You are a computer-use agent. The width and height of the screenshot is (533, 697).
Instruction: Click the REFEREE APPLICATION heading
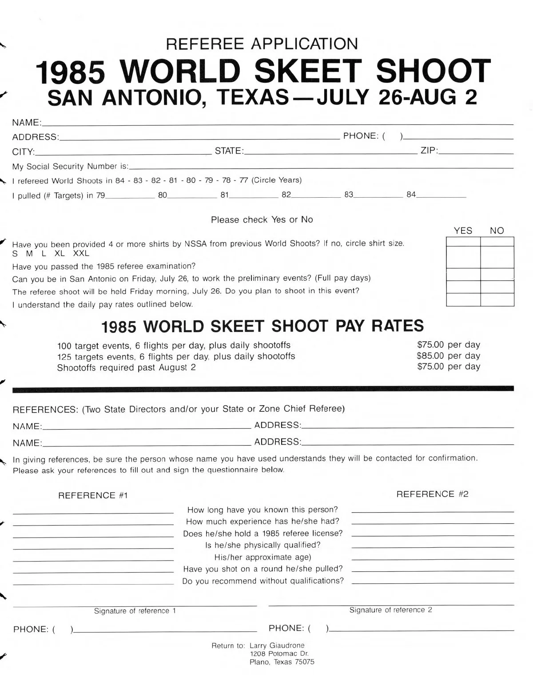point(262,44)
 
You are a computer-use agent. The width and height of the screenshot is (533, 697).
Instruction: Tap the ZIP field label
point(428,151)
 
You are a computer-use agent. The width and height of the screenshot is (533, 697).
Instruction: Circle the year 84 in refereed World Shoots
point(120,180)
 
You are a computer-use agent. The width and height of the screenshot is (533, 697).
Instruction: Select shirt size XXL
point(81,254)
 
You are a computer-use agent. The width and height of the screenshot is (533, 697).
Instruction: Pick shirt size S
point(15,254)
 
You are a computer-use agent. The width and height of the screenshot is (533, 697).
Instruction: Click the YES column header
point(463,231)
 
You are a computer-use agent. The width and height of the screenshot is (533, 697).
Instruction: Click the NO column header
point(497,231)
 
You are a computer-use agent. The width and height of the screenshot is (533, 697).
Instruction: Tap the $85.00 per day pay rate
point(448,355)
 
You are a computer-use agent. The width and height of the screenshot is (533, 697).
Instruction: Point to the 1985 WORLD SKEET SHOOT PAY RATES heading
point(262,327)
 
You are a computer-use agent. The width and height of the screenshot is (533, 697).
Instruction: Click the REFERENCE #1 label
point(93,495)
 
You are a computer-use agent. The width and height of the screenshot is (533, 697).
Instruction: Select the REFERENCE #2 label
point(432,494)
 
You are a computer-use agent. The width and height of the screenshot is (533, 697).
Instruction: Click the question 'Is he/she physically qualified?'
point(263,545)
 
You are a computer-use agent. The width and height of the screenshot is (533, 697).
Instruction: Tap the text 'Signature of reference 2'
point(390,610)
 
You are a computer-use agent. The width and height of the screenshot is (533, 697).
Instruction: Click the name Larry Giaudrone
point(277,645)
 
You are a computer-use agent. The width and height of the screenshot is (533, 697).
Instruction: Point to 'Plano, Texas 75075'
point(282,662)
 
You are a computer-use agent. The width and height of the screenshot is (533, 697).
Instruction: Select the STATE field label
point(228,151)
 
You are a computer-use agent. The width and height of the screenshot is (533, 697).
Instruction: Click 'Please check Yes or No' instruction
point(262,219)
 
